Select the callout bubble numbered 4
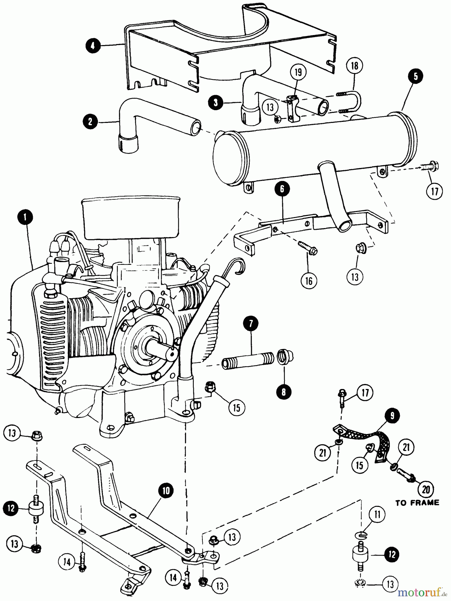coord(93,46)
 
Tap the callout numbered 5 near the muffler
coord(415,76)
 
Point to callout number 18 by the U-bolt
coord(355,66)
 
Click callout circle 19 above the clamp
coord(298,72)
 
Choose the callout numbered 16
coord(309,281)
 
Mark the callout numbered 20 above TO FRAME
coord(426,489)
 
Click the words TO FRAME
coord(417,503)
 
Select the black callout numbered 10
coord(166,490)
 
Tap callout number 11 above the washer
coord(377,515)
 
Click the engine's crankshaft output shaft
coord(160,349)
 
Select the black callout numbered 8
coord(283,392)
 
